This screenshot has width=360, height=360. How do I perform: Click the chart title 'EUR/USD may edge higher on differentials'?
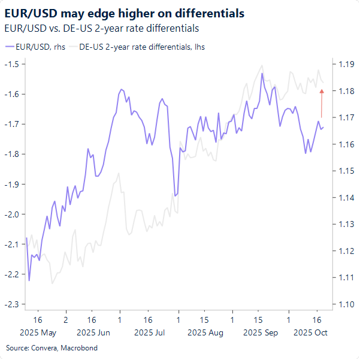pyautogui.click(x=124, y=13)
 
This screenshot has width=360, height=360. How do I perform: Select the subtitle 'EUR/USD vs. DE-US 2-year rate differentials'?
pyautogui.click(x=101, y=28)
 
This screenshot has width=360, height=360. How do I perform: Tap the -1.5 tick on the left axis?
pyautogui.click(x=12, y=64)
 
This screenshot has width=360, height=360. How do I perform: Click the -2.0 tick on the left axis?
pyautogui.click(x=12, y=214)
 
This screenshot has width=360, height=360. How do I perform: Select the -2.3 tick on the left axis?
pyautogui.click(x=12, y=304)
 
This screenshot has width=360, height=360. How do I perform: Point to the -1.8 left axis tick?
pyautogui.click(x=12, y=154)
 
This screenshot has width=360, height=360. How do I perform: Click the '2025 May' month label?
pyautogui.click(x=38, y=332)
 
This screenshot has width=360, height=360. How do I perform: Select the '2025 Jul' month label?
pyautogui.click(x=150, y=332)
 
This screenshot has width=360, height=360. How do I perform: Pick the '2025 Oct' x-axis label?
pyautogui.click(x=310, y=332)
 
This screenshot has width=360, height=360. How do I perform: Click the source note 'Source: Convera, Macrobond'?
pyautogui.click(x=52, y=348)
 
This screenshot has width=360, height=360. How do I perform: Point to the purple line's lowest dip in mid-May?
pyautogui.click(x=29, y=280)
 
